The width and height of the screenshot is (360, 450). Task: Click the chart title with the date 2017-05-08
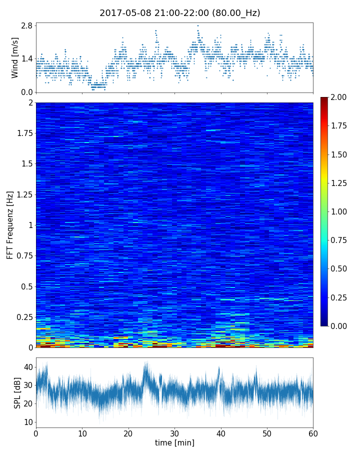[180, 13]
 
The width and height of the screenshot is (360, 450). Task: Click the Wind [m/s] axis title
[15, 57]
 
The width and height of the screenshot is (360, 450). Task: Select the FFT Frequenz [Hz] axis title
[10, 225]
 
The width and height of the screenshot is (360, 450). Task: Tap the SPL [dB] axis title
[17, 392]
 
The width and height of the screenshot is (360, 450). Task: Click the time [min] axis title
[174, 442]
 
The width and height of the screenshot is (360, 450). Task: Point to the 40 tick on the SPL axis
[28, 367]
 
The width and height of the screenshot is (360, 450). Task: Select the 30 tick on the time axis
[174, 433]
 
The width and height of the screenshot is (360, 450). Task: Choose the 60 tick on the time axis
[313, 433]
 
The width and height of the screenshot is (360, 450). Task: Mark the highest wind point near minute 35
[198, 25]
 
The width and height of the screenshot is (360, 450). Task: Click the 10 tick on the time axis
[82, 433]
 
